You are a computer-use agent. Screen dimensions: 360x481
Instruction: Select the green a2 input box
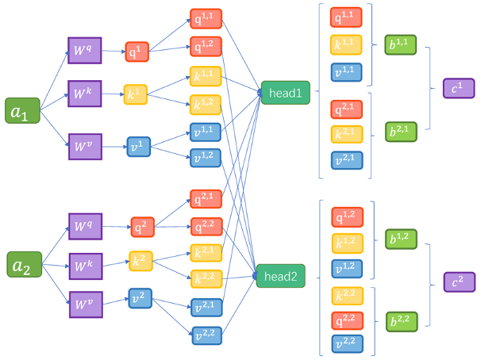pos(21,266)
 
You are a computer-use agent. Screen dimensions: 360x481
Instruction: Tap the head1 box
pos(284,94)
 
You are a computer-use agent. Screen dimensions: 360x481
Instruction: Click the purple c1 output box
pos(458,88)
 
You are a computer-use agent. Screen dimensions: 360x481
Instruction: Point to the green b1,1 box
pos(401,44)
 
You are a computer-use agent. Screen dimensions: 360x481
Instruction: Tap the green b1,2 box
pos(401,239)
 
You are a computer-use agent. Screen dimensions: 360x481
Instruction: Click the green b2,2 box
pos(401,321)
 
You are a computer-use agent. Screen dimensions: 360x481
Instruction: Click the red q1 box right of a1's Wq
pos(136,52)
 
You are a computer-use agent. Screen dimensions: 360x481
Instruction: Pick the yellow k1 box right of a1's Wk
pos(136,94)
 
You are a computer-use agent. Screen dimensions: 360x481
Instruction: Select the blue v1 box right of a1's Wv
pos(138,146)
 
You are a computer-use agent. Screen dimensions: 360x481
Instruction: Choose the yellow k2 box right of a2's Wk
pos(140,259)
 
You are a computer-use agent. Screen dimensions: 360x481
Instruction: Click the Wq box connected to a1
pos(85,52)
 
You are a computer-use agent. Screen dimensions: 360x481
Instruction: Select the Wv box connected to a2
pos(85,303)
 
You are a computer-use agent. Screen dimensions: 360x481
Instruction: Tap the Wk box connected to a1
pos(85,94)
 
